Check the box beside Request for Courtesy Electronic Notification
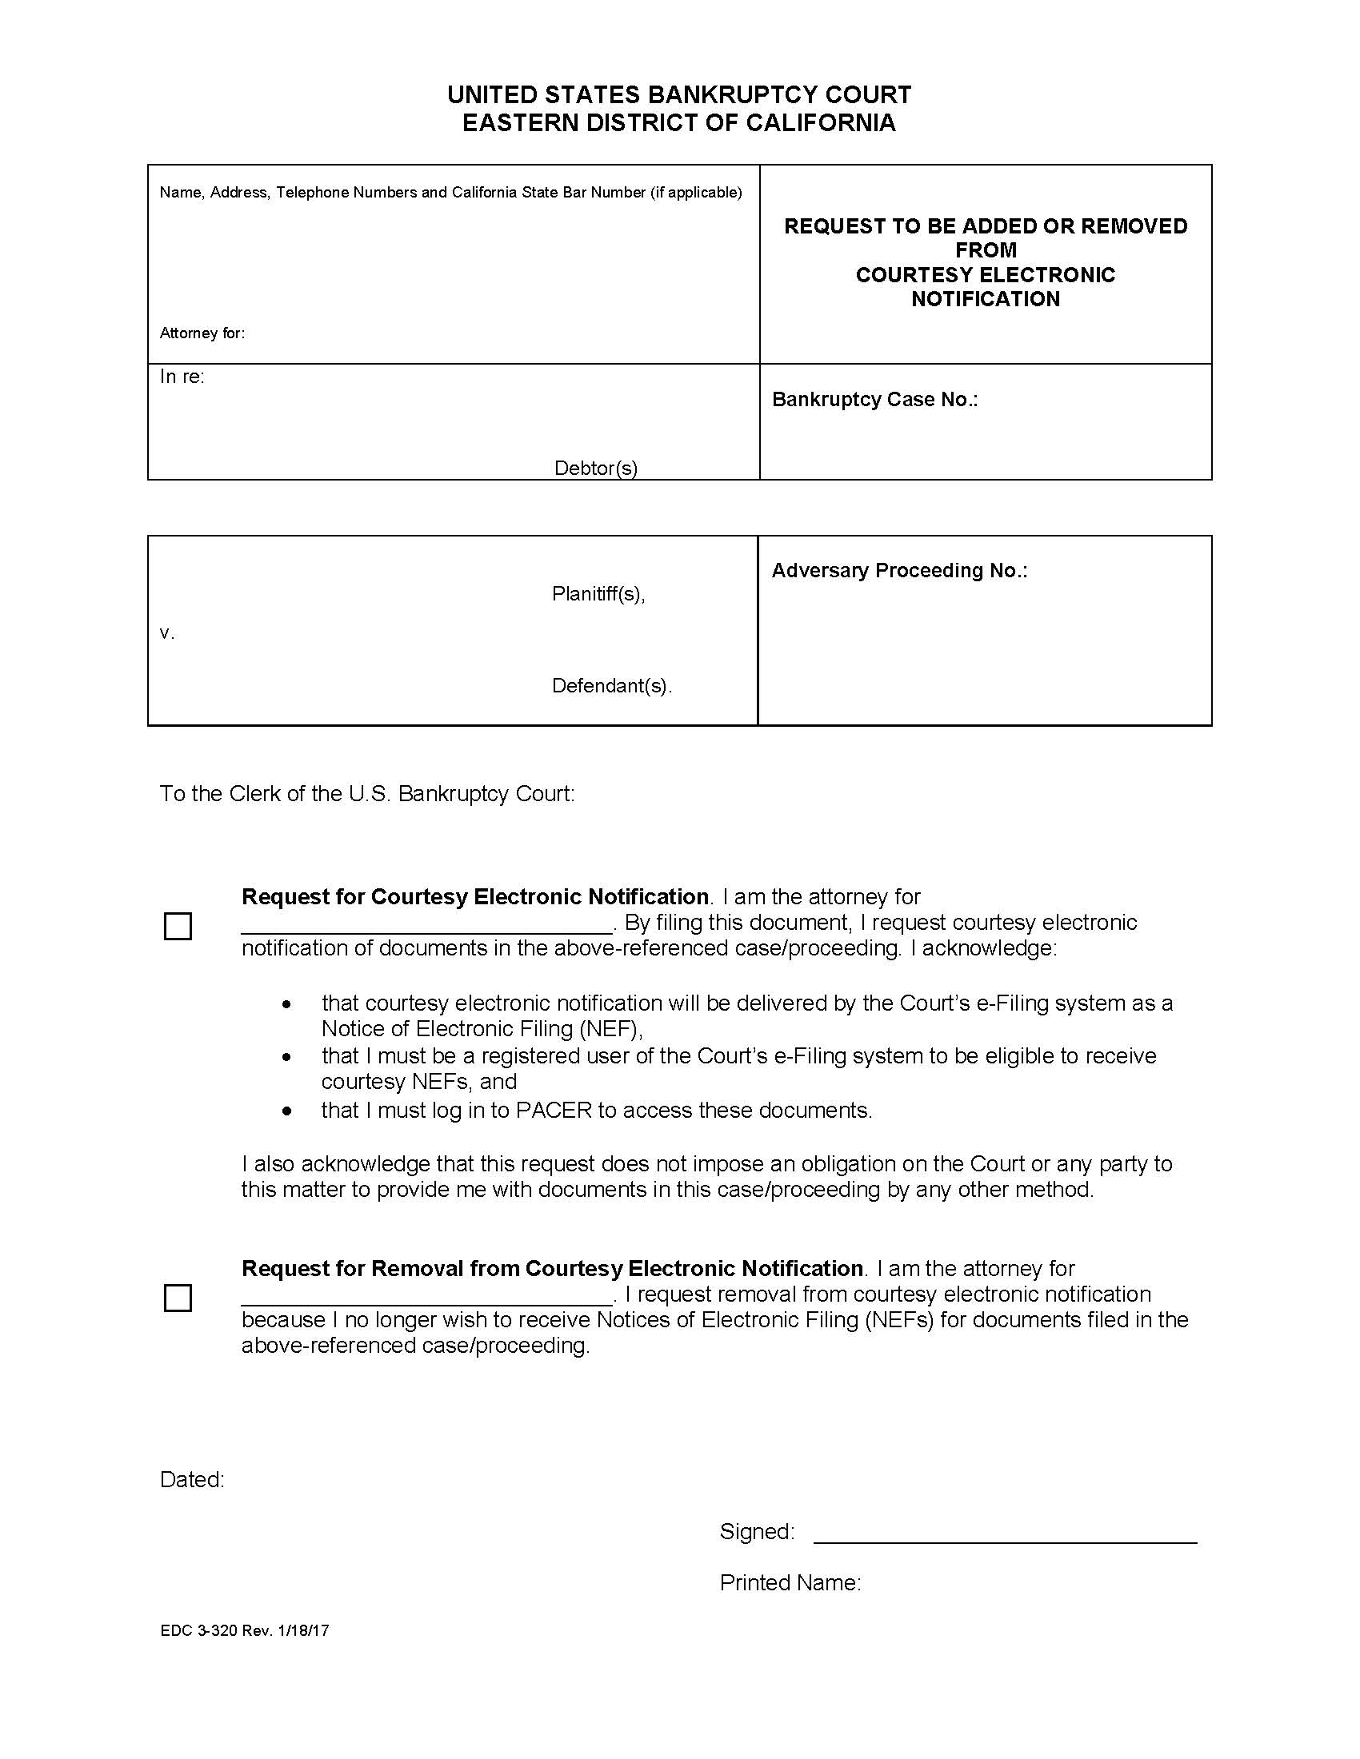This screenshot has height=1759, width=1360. [178, 926]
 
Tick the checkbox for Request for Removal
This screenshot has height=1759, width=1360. [178, 1298]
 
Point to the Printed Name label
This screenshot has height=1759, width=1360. [790, 1582]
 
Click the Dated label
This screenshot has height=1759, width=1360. [192, 1479]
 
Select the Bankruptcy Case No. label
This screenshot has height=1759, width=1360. [874, 400]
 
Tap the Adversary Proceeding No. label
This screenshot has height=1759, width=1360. [899, 570]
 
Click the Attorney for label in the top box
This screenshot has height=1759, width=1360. [202, 333]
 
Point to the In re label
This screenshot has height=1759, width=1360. [182, 377]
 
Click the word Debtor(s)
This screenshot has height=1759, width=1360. [595, 468]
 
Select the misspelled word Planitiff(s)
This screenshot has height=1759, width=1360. [598, 593]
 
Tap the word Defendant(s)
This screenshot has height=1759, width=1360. [610, 685]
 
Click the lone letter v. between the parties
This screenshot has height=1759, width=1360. [166, 634]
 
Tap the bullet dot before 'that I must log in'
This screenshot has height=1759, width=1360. [287, 1111]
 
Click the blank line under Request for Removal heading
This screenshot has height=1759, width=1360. [426, 1302]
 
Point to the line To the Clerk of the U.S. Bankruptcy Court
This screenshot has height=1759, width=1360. [367, 793]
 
